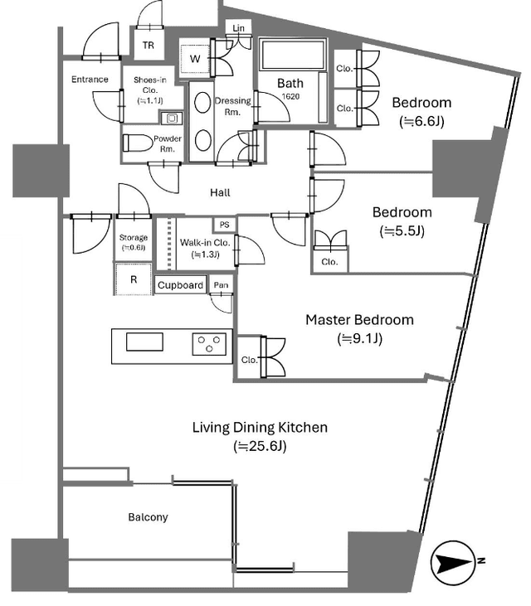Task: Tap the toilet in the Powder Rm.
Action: pyautogui.click(x=138, y=143)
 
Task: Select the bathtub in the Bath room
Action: pyautogui.click(x=292, y=55)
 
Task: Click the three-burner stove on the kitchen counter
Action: pyautogui.click(x=209, y=344)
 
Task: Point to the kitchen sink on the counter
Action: pyautogui.click(x=144, y=342)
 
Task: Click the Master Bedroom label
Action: pyautogui.click(x=360, y=320)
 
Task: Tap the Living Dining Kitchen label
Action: pyautogui.click(x=260, y=427)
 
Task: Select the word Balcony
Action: pyautogui.click(x=149, y=517)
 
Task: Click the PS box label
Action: pyautogui.click(x=224, y=225)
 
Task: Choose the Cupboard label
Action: pyautogui.click(x=180, y=285)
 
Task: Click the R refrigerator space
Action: pyautogui.click(x=134, y=279)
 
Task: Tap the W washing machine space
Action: pyautogui.click(x=195, y=59)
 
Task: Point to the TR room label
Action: pyautogui.click(x=149, y=46)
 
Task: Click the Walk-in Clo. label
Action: pyautogui.click(x=205, y=243)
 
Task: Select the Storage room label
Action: pyautogui.click(x=134, y=237)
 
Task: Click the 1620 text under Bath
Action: pyautogui.click(x=290, y=96)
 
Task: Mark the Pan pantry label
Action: pyautogui.click(x=221, y=285)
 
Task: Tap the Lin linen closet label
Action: pyautogui.click(x=239, y=28)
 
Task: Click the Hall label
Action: pyautogui.click(x=220, y=192)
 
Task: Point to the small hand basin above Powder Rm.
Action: pyautogui.click(x=171, y=118)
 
